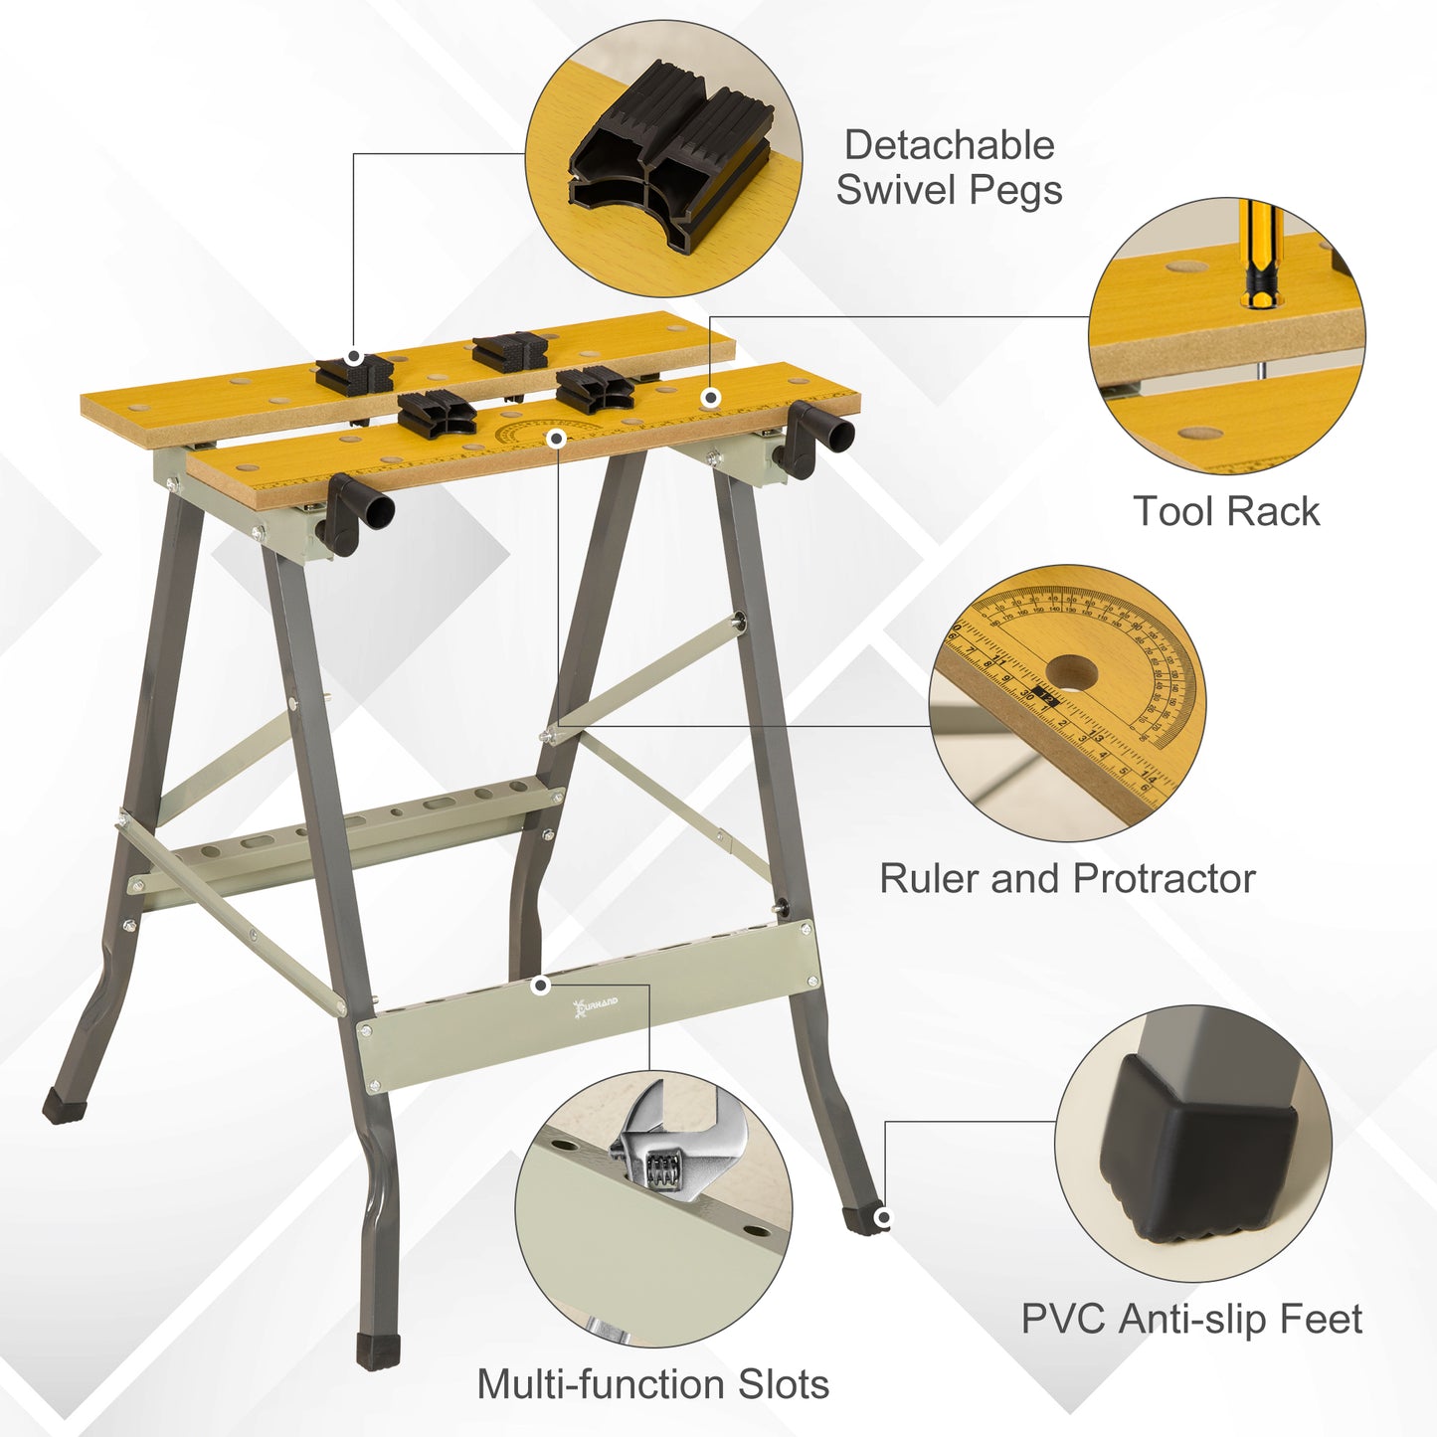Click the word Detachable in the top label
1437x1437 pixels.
tap(949, 145)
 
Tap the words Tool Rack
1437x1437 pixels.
tap(1226, 511)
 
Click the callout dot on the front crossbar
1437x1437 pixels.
tap(541, 986)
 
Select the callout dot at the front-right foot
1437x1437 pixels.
tap(882, 1218)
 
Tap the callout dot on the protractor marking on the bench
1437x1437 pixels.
tap(557, 439)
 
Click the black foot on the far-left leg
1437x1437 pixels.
tap(64, 1104)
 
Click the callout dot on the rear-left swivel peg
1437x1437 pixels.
tap(353, 357)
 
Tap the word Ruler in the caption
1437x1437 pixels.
tap(930, 879)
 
